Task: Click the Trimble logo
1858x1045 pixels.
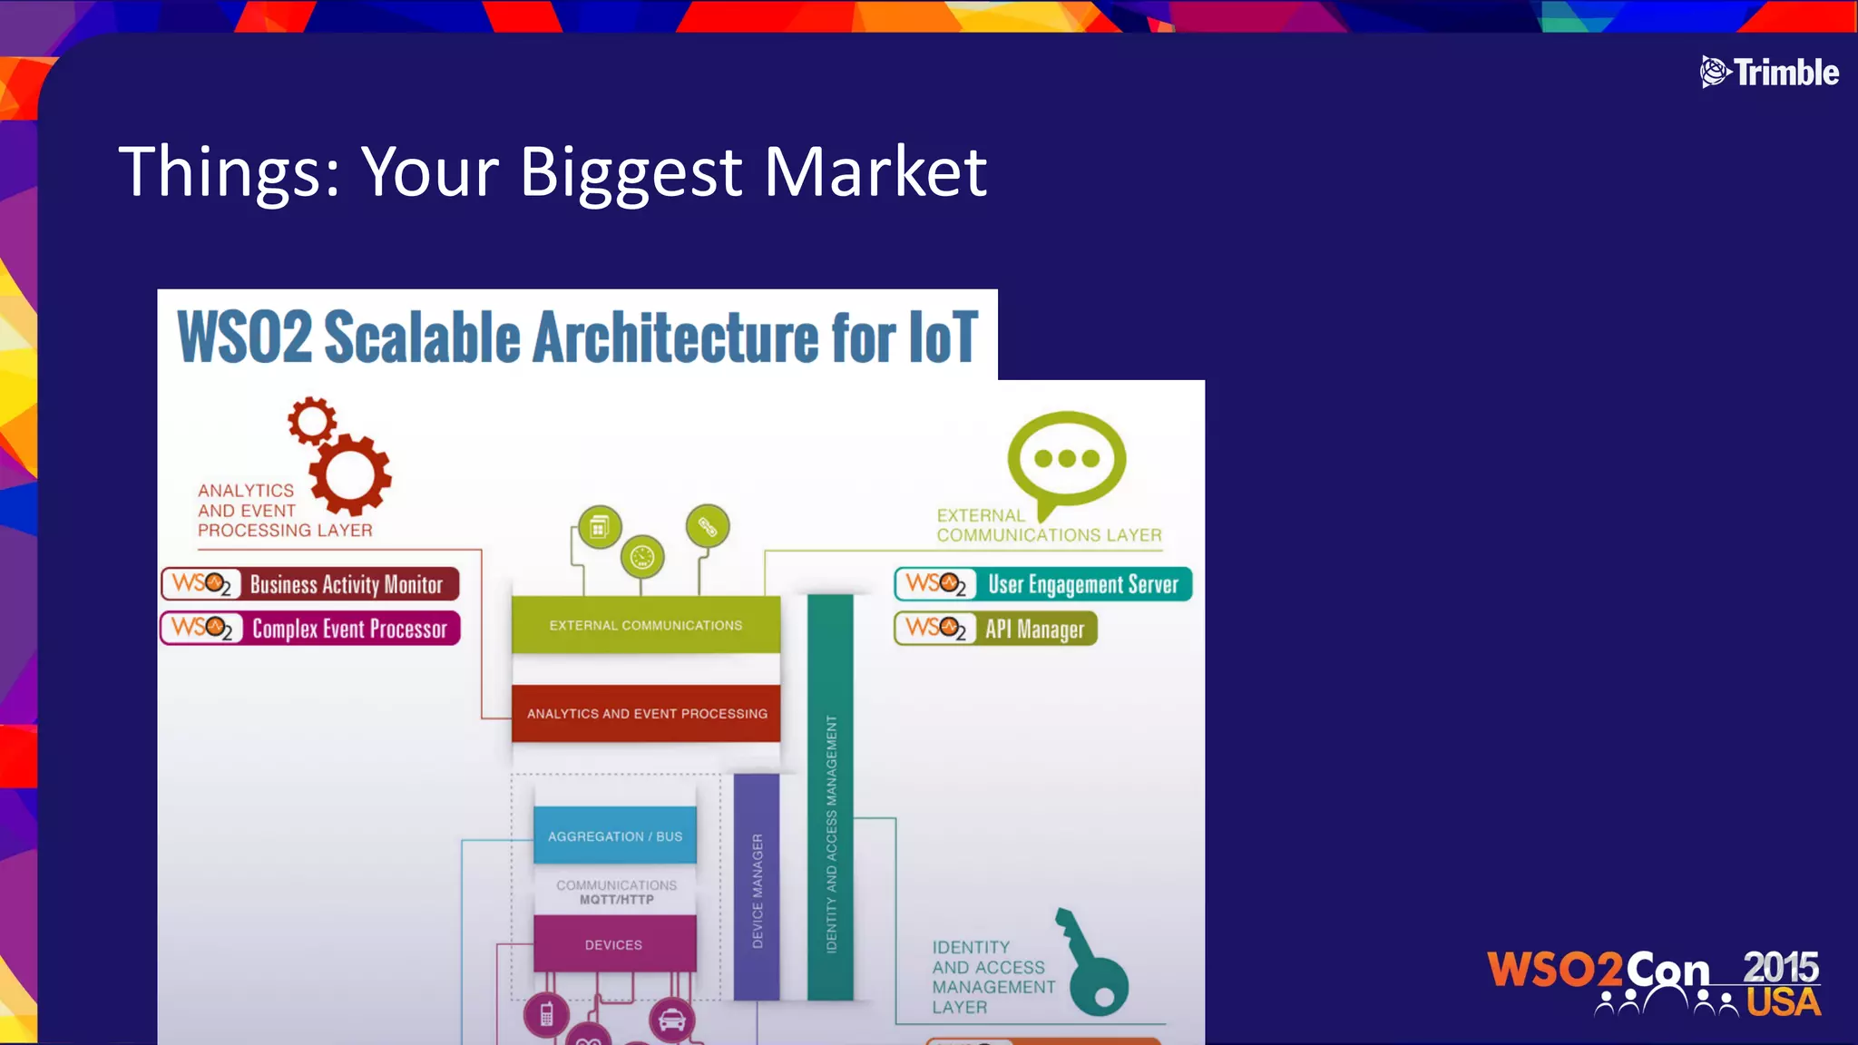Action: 1768,73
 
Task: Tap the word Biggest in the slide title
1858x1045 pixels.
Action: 631,172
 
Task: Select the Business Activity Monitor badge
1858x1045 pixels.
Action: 310,584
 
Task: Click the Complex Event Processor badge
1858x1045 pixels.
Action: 310,629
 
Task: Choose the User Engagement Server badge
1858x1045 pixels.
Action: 1042,584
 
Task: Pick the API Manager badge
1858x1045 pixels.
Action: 995,629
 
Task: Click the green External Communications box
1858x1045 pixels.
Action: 645,625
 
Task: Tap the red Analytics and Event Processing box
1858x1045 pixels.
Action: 645,714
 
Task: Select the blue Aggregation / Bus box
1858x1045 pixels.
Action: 615,835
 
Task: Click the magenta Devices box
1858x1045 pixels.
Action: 614,944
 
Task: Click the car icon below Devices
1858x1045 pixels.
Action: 671,1020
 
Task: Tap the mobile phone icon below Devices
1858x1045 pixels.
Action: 546,1014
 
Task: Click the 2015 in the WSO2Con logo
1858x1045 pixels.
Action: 1780,968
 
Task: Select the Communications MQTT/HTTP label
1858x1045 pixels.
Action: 616,892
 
